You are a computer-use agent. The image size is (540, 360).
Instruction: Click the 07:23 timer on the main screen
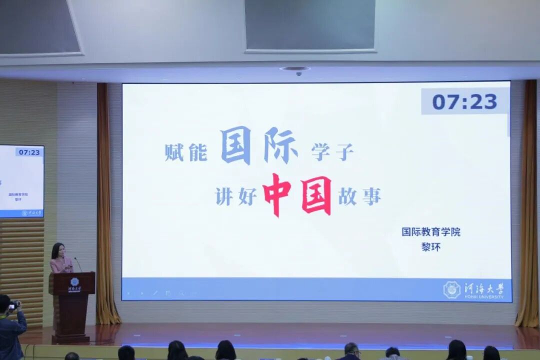coord(464,101)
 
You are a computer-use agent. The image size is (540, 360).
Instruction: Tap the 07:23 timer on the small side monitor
coord(28,152)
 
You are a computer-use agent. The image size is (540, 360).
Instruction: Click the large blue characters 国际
coord(258,145)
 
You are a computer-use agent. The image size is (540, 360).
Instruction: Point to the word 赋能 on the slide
coord(186,152)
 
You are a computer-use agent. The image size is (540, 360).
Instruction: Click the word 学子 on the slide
coord(332,152)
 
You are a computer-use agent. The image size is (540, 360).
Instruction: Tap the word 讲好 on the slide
coord(236,196)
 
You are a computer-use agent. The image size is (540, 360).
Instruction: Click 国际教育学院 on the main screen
coord(430,232)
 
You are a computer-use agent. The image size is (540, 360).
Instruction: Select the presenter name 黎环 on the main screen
coord(430,247)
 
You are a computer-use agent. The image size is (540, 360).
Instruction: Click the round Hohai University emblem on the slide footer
coord(451,290)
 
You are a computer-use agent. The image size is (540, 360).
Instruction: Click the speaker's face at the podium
coord(58,250)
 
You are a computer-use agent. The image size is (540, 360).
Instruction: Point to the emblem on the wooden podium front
coord(74,282)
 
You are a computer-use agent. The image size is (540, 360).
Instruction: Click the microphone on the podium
coord(78,264)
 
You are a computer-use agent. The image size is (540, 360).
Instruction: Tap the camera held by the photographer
coord(13,305)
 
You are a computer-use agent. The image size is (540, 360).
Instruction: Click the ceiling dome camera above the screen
coord(298,71)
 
